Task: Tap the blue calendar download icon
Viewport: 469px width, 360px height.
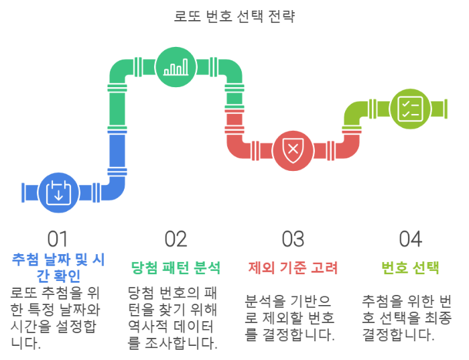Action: click(x=58, y=192)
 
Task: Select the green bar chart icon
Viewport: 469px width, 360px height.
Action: click(x=176, y=68)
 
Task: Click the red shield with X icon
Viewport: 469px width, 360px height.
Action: click(x=292, y=148)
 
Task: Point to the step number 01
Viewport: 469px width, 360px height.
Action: click(x=58, y=239)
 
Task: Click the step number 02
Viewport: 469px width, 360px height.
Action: click(x=176, y=239)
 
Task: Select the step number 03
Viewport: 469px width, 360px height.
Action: click(x=293, y=239)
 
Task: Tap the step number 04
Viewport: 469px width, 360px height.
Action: click(x=410, y=239)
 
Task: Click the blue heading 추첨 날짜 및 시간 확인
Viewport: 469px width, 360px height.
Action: click(x=58, y=266)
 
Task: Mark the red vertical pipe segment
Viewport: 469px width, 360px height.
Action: click(x=234, y=127)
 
